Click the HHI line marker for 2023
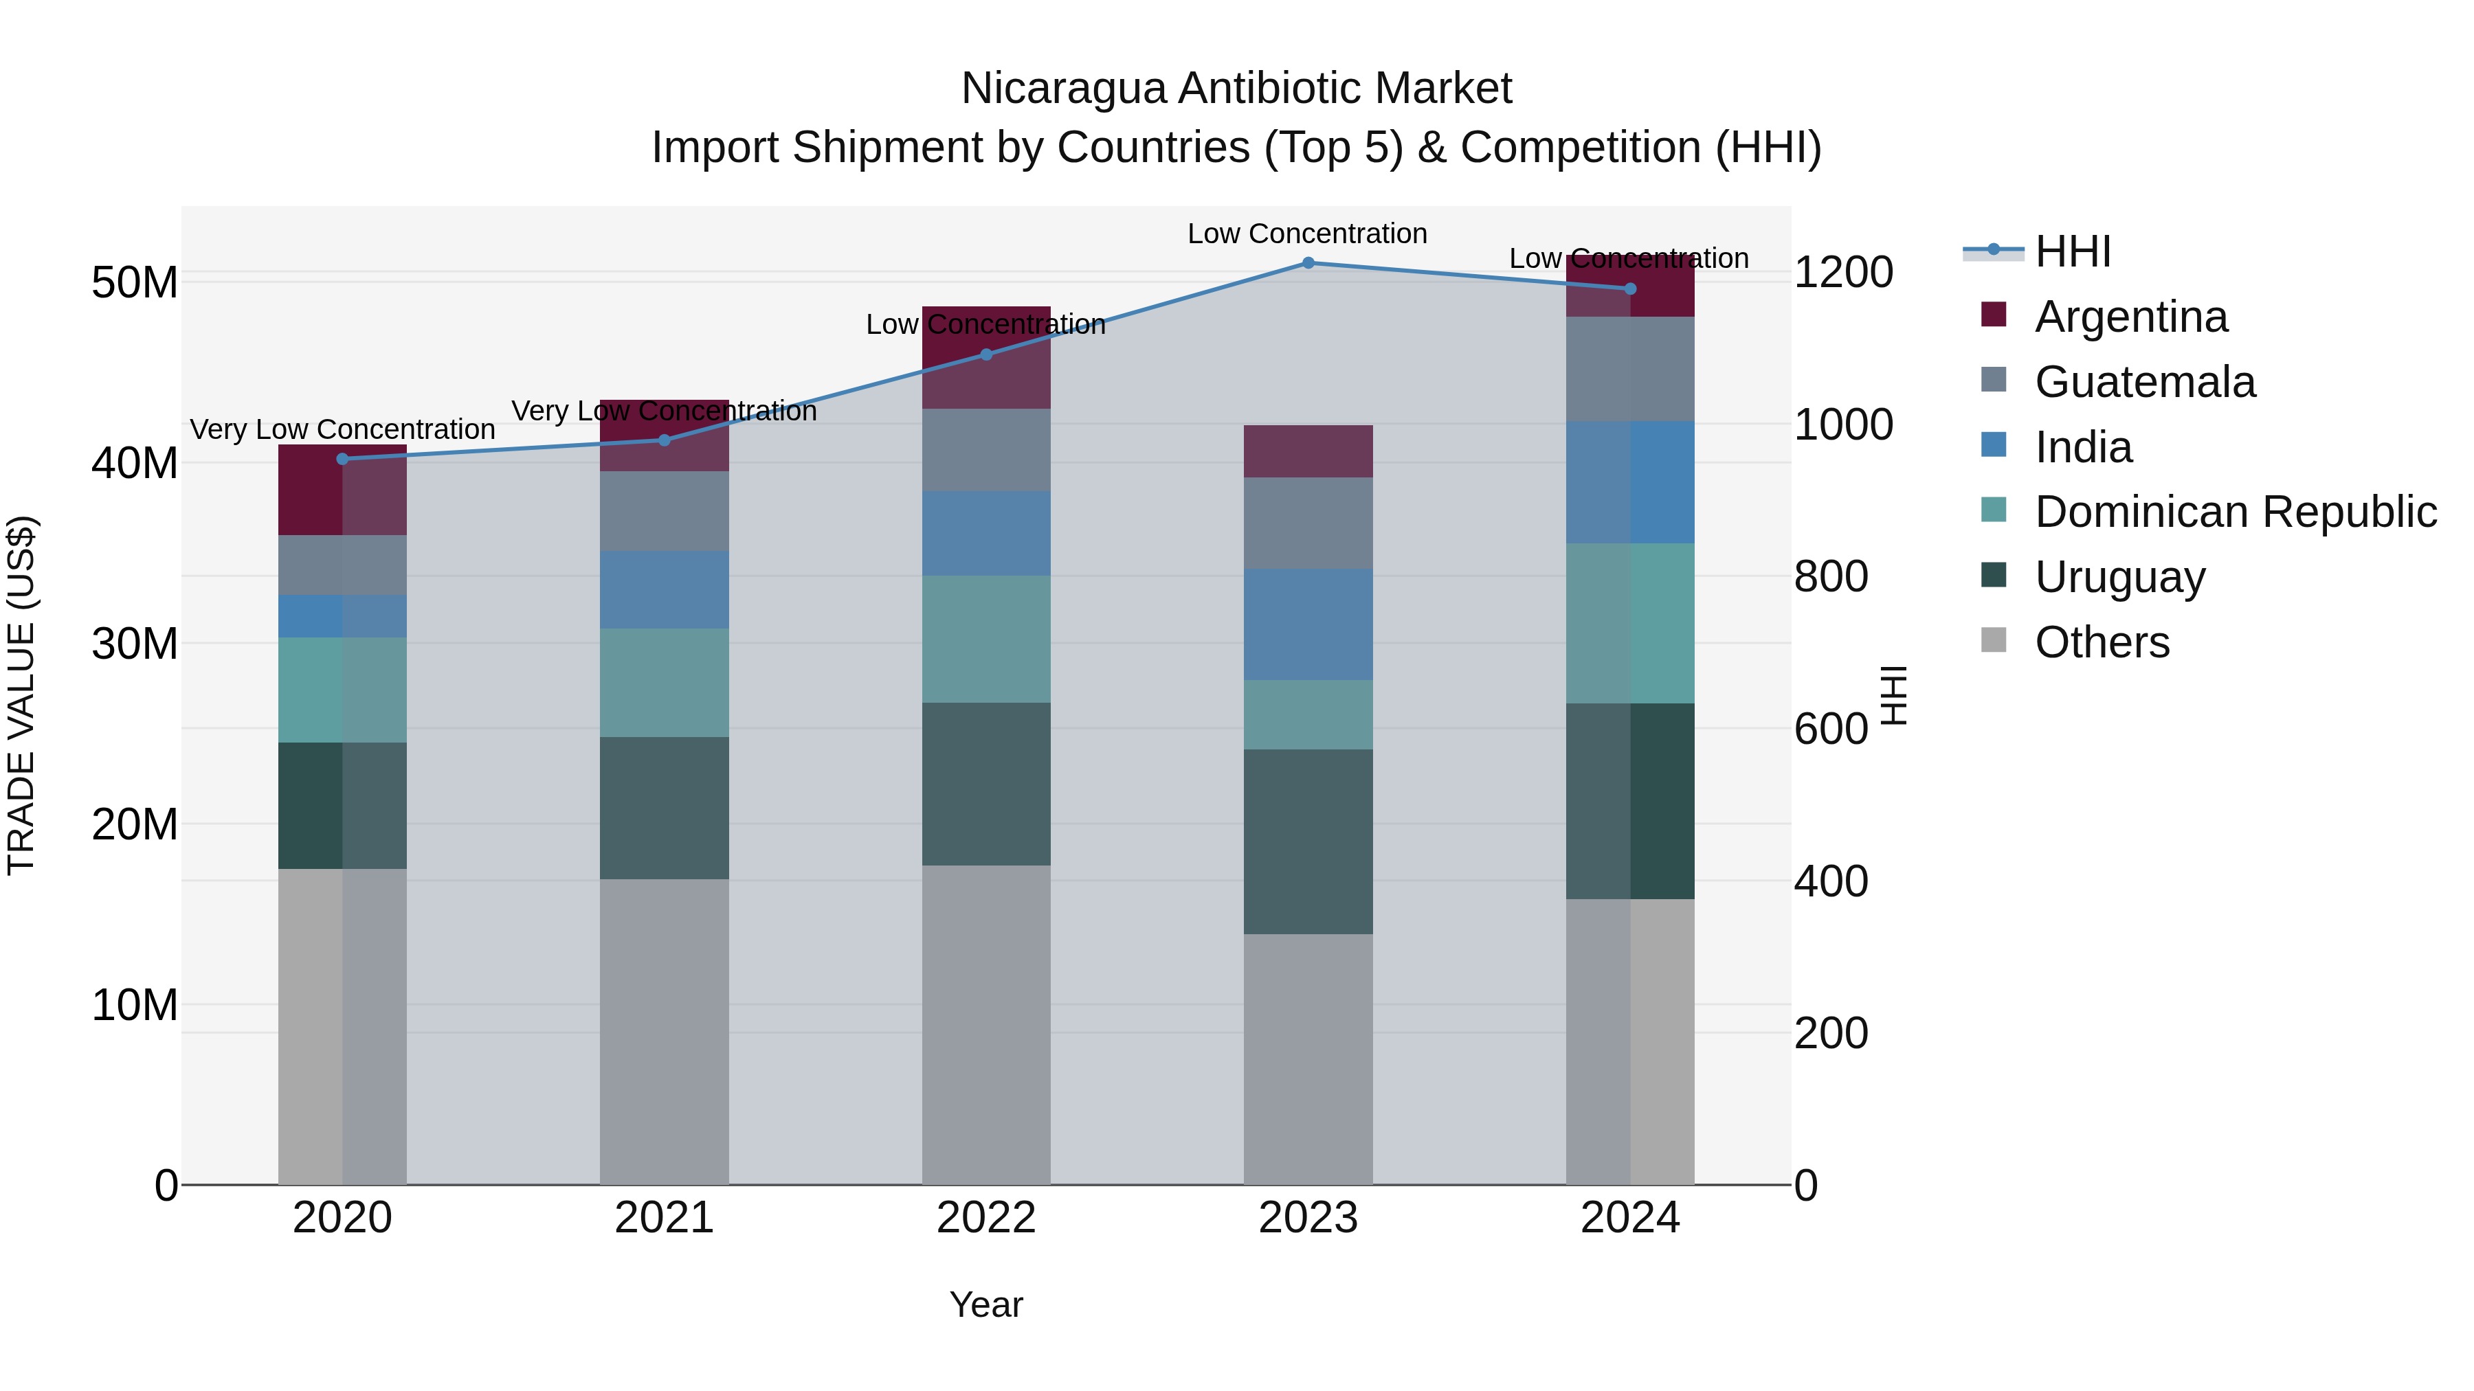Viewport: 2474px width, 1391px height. (1308, 263)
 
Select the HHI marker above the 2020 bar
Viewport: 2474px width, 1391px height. (343, 459)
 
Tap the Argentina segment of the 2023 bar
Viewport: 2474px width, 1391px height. (1308, 451)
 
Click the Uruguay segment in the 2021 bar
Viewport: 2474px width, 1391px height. (664, 808)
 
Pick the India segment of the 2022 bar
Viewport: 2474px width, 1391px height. (985, 534)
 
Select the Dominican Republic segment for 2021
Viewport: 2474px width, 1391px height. (664, 683)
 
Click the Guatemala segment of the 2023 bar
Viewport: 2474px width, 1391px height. (1308, 523)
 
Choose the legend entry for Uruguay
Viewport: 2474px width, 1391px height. (2119, 577)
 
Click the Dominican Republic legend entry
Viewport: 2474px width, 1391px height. (2235, 512)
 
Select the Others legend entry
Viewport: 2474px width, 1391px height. (2102, 642)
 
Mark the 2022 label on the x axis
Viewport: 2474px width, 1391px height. (985, 1218)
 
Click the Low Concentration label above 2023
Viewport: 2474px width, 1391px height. (1307, 234)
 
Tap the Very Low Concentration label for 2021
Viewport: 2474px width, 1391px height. (664, 411)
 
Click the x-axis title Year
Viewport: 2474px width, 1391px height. (985, 1304)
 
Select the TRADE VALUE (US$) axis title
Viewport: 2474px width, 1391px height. (21, 695)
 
